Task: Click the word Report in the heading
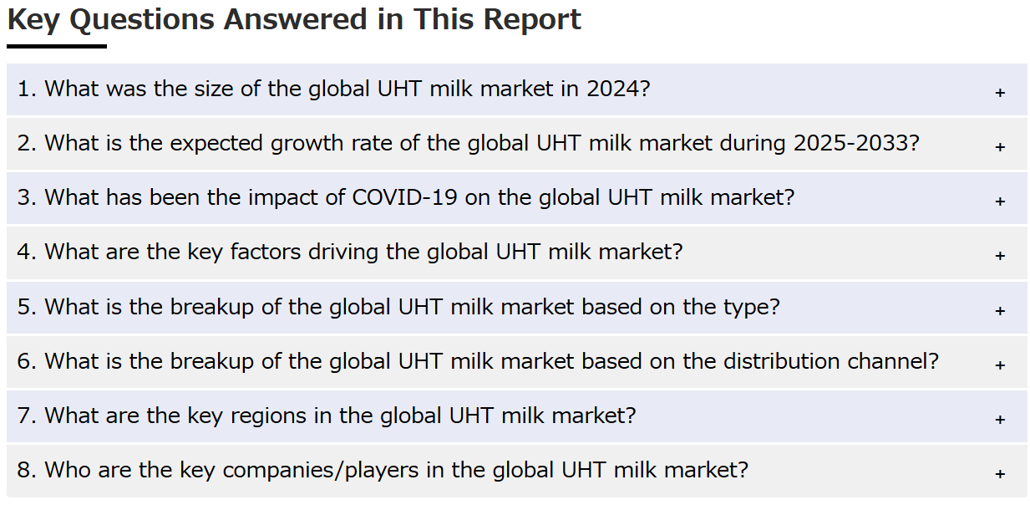click(532, 21)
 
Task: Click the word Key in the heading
click(33, 21)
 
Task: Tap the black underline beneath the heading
click(57, 46)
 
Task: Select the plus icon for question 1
click(1000, 93)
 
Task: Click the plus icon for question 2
click(1000, 147)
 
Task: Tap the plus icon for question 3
click(1000, 201)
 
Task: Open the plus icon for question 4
click(1000, 256)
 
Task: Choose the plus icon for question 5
click(1000, 311)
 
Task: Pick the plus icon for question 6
click(1000, 365)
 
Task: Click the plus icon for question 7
click(1000, 420)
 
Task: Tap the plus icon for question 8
click(1000, 474)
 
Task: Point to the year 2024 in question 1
click(613, 89)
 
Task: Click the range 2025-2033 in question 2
click(852, 143)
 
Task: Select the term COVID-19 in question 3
click(404, 197)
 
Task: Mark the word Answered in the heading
click(295, 20)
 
